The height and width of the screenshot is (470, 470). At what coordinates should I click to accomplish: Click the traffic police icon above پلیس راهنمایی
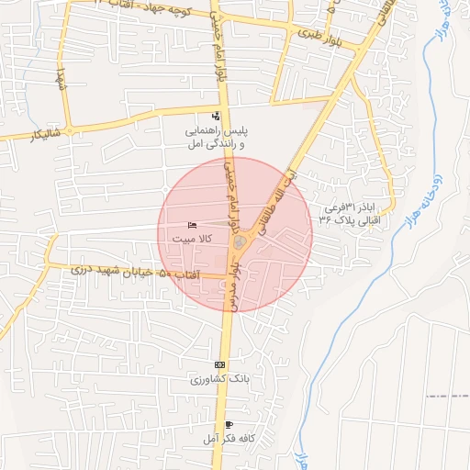pos(216,116)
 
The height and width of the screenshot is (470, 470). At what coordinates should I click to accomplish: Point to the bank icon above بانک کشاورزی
pos(219,364)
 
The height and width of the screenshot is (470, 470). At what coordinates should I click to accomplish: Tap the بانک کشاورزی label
pos(219,379)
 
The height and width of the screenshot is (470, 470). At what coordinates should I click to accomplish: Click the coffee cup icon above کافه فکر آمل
pos(228,425)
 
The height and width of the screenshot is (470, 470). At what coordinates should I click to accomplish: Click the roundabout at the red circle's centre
pos(240,241)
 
